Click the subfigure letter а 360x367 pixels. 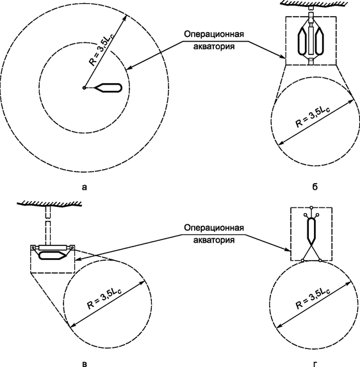point(85,188)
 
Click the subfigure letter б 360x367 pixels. point(314,188)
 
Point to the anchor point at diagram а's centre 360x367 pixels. point(84,88)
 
